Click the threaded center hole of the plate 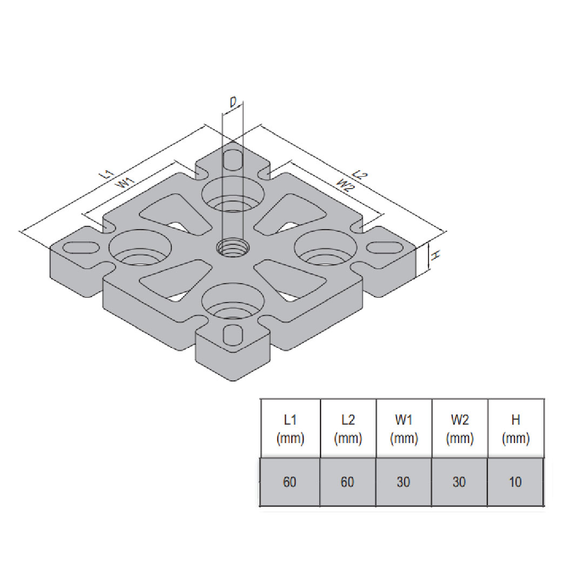233,249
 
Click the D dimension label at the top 233,102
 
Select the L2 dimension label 360,175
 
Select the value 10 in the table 515,482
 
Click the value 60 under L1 290,482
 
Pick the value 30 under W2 459,482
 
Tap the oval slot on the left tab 81,247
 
